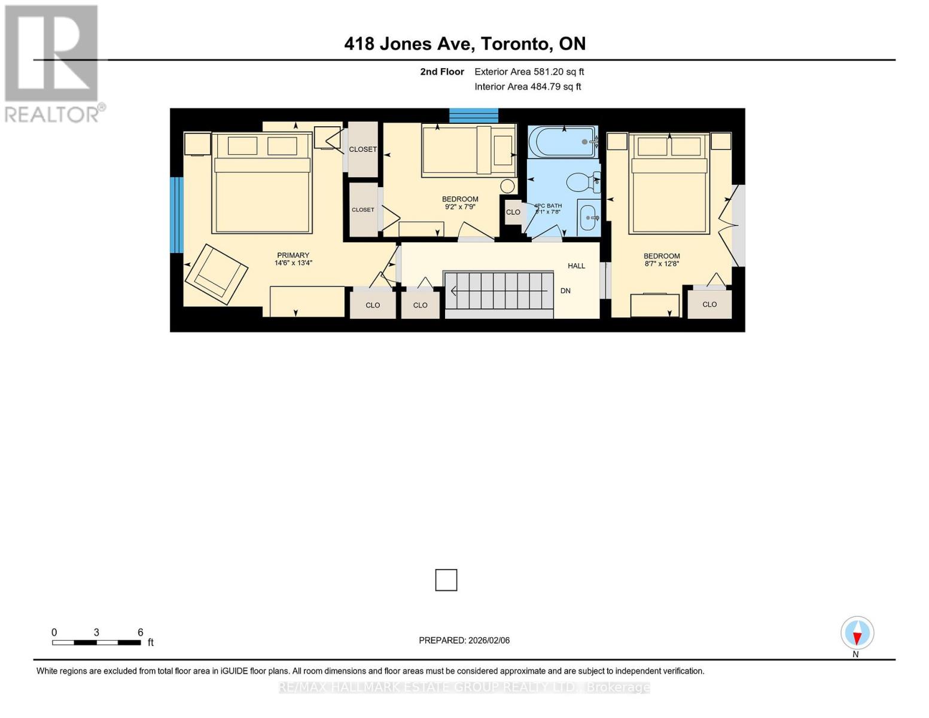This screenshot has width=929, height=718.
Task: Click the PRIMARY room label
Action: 293,255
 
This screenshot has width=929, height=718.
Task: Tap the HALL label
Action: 576,266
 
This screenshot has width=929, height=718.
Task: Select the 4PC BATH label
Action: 548,206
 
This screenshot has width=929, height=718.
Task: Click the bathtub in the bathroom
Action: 562,142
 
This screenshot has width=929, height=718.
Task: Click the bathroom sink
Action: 589,218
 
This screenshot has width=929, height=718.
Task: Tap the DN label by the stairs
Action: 565,291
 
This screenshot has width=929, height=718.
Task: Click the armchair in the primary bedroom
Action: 216,274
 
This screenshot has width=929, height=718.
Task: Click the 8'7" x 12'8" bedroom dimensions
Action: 662,263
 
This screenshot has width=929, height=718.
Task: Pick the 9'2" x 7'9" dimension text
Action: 460,207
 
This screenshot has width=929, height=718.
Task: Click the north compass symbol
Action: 857,634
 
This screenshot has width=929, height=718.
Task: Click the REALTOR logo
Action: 53,63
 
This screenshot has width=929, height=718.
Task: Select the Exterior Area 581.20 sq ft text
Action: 529,72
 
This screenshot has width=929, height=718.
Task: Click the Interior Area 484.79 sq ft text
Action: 528,87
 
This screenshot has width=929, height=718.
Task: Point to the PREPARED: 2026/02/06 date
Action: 464,640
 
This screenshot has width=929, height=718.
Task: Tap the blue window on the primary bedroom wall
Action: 176,215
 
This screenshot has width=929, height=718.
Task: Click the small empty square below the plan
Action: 446,580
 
